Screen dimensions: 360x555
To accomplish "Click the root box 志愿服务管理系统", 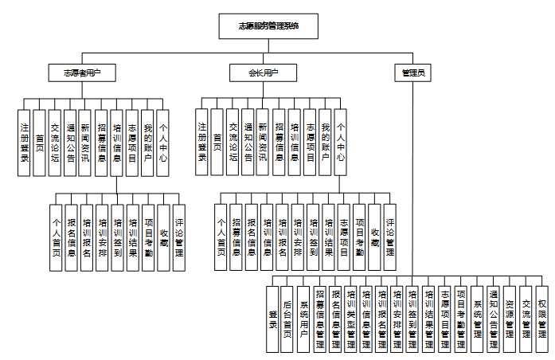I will coord(269,26).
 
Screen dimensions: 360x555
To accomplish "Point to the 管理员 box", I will coord(412,72).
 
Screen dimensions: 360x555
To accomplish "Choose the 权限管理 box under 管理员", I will coord(541,319).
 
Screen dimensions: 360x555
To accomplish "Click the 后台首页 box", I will coord(287,319).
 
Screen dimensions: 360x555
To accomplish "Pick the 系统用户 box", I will coord(303,319).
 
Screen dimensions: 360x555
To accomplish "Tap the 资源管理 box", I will coord(510,319).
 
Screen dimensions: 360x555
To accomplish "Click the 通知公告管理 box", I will coord(494,319).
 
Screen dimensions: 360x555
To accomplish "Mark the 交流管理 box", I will coord(526,319).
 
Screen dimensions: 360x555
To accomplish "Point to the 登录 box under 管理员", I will coord(272,319).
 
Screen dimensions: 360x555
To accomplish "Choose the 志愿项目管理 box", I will coord(445,319).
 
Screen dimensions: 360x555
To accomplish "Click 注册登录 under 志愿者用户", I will coord(25,143).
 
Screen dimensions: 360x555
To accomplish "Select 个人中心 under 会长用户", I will coord(341,143).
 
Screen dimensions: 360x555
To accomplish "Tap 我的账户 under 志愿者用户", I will coord(147,143).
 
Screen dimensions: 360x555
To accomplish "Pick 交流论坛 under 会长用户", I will coord(233,143).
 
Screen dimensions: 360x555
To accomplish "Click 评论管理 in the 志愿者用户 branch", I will coord(179,231).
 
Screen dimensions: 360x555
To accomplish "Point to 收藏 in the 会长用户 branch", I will coord(375,231).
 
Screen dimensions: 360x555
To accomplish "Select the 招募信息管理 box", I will coord(319,319).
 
